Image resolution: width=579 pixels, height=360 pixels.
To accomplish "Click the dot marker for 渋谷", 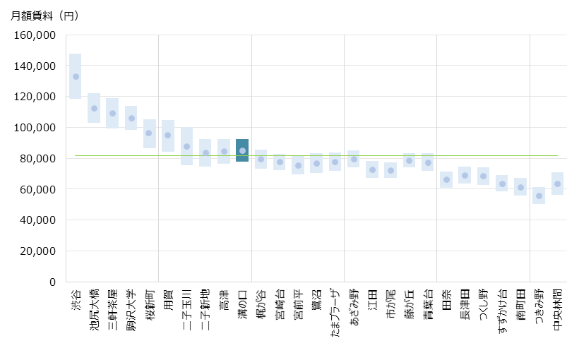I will [76, 77].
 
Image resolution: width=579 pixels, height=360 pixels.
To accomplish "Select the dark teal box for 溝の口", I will [242, 150].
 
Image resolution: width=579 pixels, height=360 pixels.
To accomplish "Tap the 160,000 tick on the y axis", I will [35, 35].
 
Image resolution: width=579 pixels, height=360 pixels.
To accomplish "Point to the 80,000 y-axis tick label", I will [38, 158].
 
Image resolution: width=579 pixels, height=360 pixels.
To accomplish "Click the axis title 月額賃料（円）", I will [45, 16].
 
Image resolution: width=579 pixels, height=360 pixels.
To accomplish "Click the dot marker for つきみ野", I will [539, 196].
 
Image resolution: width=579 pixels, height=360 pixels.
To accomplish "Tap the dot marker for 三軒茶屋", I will [112, 113].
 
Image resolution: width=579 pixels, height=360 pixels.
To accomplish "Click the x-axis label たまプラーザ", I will [335, 313].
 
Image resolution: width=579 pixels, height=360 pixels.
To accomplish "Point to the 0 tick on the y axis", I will [52, 282].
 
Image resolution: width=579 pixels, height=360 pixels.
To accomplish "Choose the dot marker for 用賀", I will [168, 135].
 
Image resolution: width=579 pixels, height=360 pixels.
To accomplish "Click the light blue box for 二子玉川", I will [186, 146].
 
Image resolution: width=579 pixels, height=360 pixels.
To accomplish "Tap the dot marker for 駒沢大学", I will [131, 118].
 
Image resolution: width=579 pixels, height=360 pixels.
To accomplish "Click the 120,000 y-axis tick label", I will [35, 97].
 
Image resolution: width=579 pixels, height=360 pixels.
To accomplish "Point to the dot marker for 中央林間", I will [558, 184].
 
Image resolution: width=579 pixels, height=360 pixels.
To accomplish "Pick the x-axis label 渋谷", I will [76, 297].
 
